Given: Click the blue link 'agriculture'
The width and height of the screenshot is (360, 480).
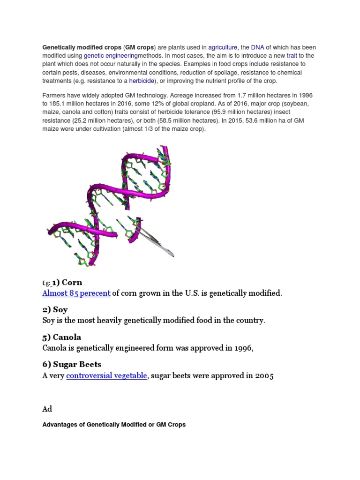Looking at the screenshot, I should [223, 47].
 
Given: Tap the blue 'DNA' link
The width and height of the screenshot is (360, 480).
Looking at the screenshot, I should [257, 47].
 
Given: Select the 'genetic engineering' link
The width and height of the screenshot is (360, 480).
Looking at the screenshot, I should [105, 56].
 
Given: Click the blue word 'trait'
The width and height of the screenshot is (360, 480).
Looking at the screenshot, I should [292, 56].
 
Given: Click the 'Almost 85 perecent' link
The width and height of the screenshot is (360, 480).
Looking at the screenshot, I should [76, 293].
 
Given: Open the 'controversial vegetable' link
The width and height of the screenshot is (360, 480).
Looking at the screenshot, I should [106, 375].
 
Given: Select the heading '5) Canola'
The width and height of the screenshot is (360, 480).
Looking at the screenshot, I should [61, 337].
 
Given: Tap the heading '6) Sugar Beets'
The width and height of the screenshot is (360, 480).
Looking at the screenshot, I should [72, 364].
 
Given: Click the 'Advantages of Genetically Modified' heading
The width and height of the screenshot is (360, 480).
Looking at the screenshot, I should [114, 425].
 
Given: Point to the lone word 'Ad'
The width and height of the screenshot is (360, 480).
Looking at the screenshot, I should [47, 409].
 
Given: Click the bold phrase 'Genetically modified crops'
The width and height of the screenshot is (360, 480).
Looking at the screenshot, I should [82, 47].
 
